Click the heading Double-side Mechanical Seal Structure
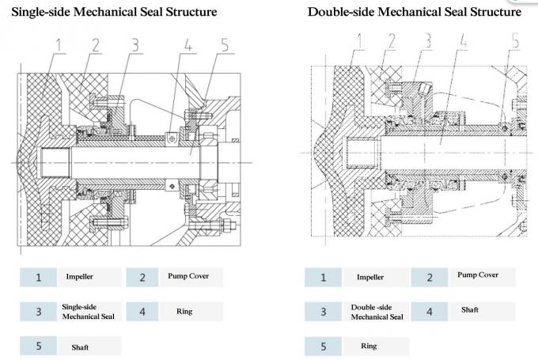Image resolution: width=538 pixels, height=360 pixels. click(x=415, y=12)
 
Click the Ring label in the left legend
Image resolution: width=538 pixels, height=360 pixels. click(x=184, y=311)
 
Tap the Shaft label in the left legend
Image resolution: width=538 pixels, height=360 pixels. click(x=80, y=346)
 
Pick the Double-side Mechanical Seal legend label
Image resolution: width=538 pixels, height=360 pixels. click(x=371, y=311)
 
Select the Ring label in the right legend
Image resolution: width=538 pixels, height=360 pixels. click(x=368, y=346)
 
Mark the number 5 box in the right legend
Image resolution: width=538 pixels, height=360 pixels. click(x=324, y=346)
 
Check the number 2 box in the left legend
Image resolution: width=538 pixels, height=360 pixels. click(x=142, y=277)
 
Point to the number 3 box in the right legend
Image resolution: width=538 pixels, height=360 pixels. click(x=324, y=311)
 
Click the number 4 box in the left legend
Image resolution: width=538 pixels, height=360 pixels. click(x=142, y=311)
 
